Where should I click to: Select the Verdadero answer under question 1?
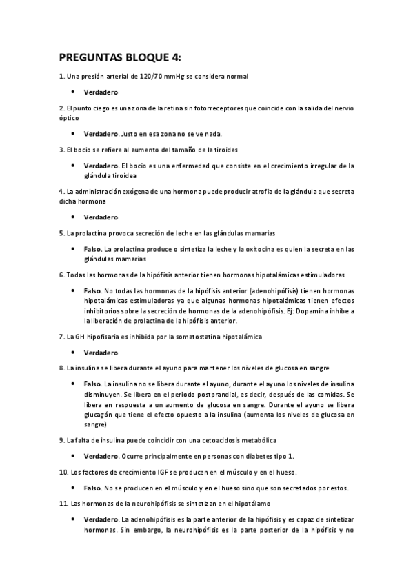point(101,92)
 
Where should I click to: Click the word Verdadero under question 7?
point(101,353)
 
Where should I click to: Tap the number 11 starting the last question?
point(63,504)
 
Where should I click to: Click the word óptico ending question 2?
point(69,118)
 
